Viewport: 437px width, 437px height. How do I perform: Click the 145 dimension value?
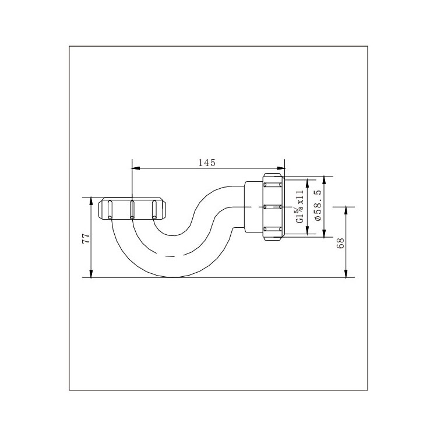tap(207, 163)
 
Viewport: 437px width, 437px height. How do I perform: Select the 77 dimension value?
tap(86, 239)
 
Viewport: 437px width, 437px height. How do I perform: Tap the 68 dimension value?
tap(341, 244)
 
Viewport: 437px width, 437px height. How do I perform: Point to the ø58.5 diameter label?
tap(318, 205)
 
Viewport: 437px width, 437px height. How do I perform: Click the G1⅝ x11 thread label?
tap(299, 206)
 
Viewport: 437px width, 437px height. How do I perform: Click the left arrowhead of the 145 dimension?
tap(135, 168)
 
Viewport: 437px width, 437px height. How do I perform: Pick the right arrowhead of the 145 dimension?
tap(281, 168)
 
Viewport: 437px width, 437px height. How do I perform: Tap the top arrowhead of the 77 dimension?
tap(90, 201)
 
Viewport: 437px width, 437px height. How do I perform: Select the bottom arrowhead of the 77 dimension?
tap(90, 273)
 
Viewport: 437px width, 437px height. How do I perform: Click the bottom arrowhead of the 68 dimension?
tap(346, 273)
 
